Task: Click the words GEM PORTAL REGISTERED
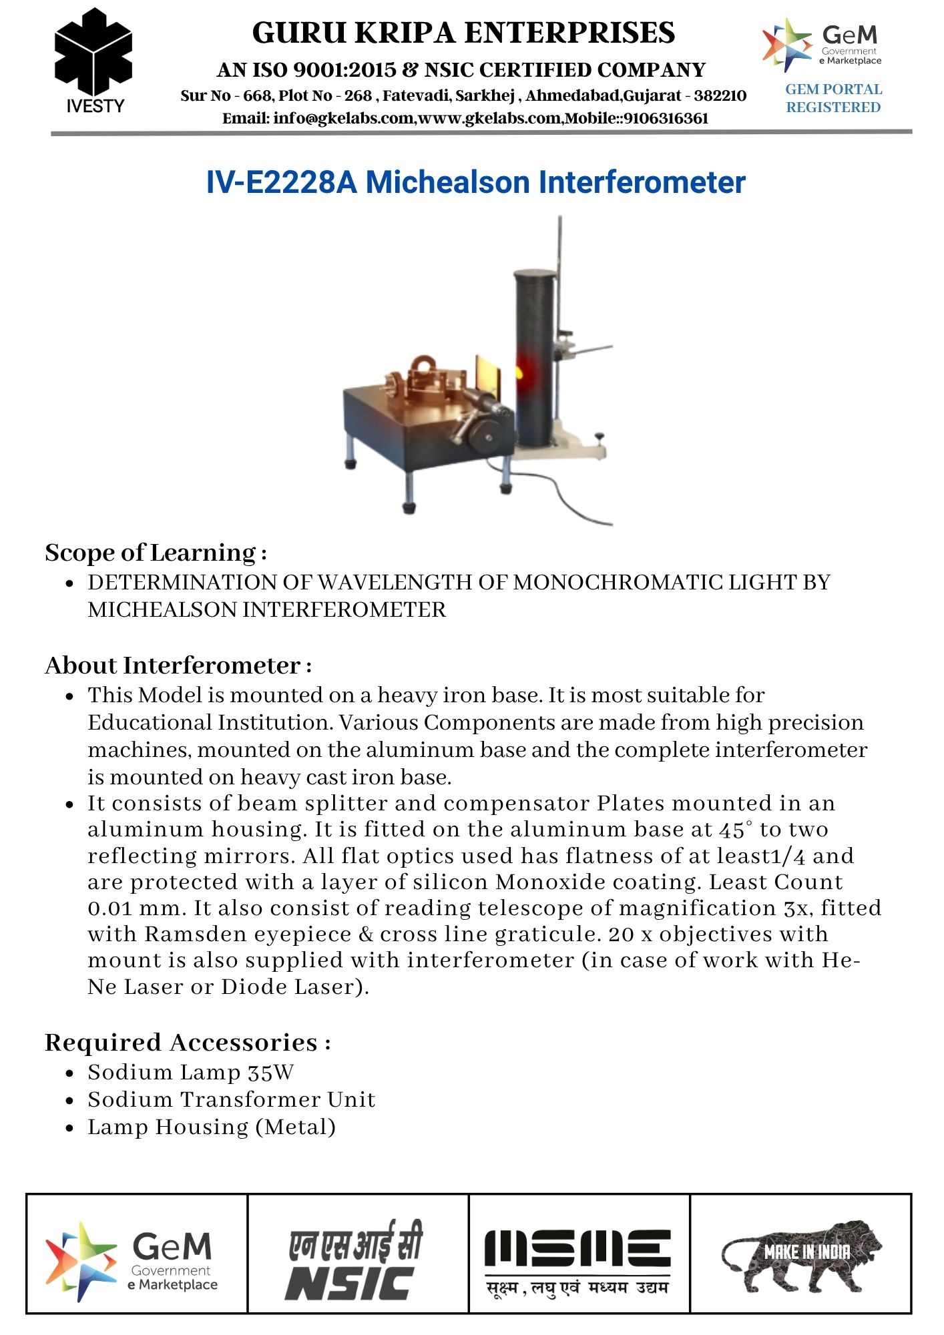[x=833, y=98]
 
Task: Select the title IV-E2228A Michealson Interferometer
[x=475, y=182]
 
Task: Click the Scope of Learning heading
[x=156, y=553]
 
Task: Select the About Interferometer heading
[x=178, y=665]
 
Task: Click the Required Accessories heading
[x=187, y=1043]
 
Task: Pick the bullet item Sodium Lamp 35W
[x=190, y=1073]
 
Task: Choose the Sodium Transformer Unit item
[x=231, y=1100]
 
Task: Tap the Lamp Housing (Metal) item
[x=212, y=1127]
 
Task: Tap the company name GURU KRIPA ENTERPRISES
[x=463, y=33]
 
